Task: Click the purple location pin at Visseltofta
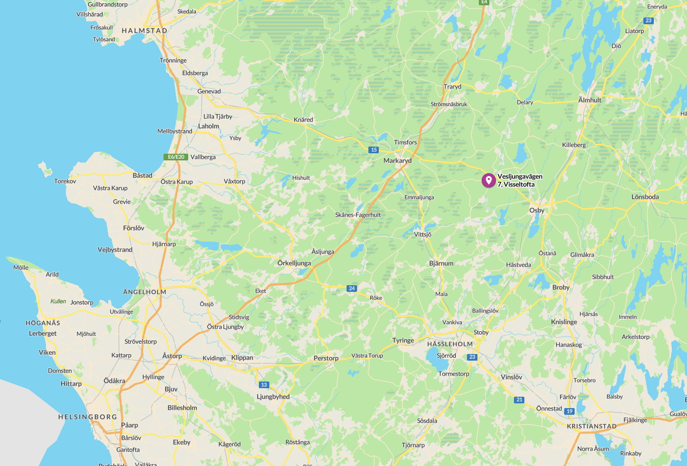coord(488,180)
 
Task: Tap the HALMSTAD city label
coord(145,30)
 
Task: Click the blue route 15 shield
coord(374,150)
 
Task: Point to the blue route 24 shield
coord(351,288)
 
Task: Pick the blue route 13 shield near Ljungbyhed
coord(264,384)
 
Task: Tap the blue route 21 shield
coord(519,400)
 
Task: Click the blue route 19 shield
coord(569,411)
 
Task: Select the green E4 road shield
coord(484,2)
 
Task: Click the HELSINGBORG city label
coord(88,417)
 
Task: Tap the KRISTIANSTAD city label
coord(592,426)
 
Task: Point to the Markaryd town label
coord(397,160)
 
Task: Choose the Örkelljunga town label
coord(294,263)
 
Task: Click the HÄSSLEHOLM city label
coord(450,344)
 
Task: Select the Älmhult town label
coord(590,100)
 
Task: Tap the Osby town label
coord(537,210)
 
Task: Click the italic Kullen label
coord(58,301)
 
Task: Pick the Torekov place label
coord(65,181)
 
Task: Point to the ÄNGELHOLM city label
coord(145,292)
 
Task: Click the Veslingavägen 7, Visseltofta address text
coord(520,180)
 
